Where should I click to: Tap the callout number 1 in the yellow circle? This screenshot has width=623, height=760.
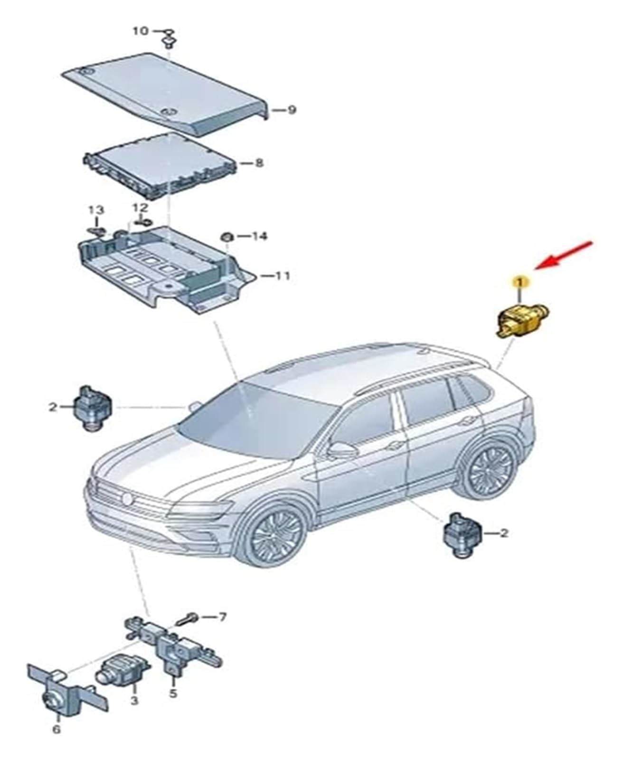coord(519,282)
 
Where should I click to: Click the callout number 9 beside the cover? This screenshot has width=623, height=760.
coord(291,110)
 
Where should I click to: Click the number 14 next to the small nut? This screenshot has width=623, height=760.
coord(260,236)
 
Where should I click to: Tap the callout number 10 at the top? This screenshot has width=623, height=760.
coord(140,31)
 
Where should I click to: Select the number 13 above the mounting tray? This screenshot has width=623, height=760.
coord(96,209)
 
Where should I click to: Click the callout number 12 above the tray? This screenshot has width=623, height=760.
coord(140,208)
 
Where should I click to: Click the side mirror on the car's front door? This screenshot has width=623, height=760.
coord(341,449)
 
